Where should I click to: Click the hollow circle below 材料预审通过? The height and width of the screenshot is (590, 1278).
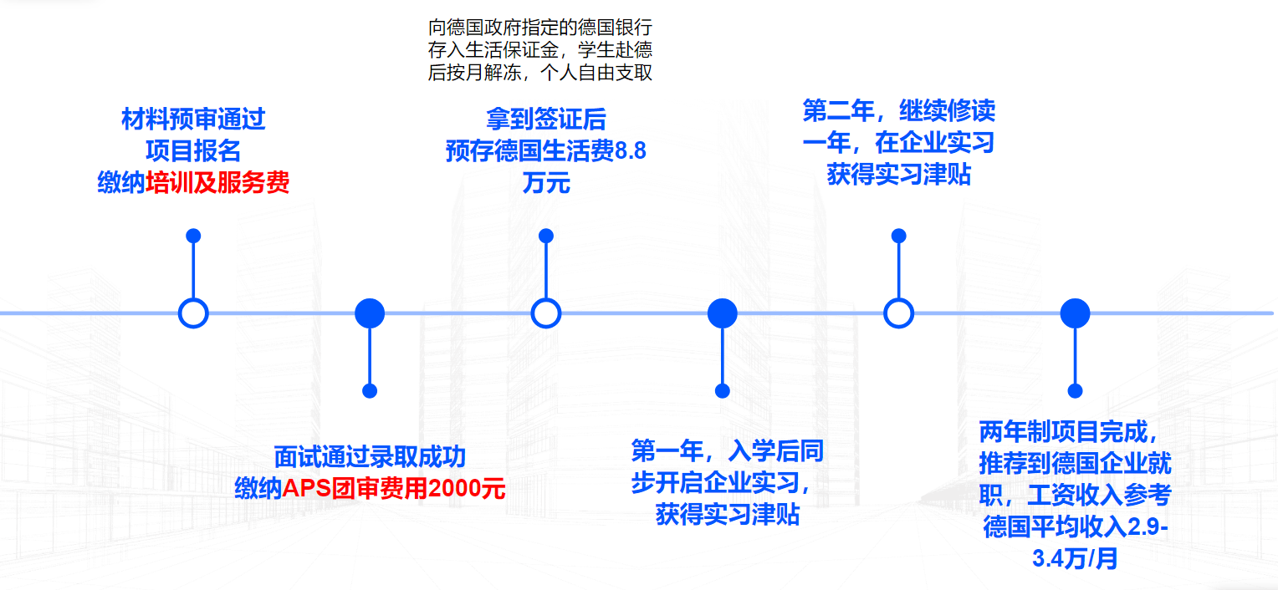coord(193,313)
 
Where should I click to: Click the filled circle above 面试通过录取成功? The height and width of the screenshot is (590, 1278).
coord(370,313)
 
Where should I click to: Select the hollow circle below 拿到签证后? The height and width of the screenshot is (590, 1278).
coord(546,313)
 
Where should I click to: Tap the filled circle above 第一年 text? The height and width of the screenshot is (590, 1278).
coord(723,313)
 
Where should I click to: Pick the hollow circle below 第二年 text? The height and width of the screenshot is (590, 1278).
coord(899,313)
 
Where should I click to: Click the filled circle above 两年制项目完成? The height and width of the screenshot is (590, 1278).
coord(1076,313)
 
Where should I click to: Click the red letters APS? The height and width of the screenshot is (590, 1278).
coord(309,488)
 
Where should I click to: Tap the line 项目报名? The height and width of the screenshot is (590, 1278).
coord(193,151)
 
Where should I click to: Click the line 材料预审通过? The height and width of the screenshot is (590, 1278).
coord(193,120)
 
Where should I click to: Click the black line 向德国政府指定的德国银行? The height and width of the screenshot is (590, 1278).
coord(539,28)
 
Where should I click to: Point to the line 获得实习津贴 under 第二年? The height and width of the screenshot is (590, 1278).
coord(899,175)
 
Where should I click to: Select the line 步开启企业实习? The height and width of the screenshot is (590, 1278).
coord(721,483)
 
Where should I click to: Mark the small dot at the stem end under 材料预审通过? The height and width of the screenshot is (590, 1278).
coord(193,236)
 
